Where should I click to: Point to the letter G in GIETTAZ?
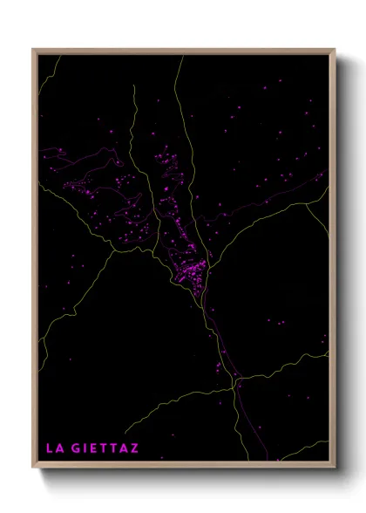[77, 448]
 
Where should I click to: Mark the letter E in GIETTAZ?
[94, 448]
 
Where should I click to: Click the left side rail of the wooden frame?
[34, 262]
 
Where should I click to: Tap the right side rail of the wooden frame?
[334, 262]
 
